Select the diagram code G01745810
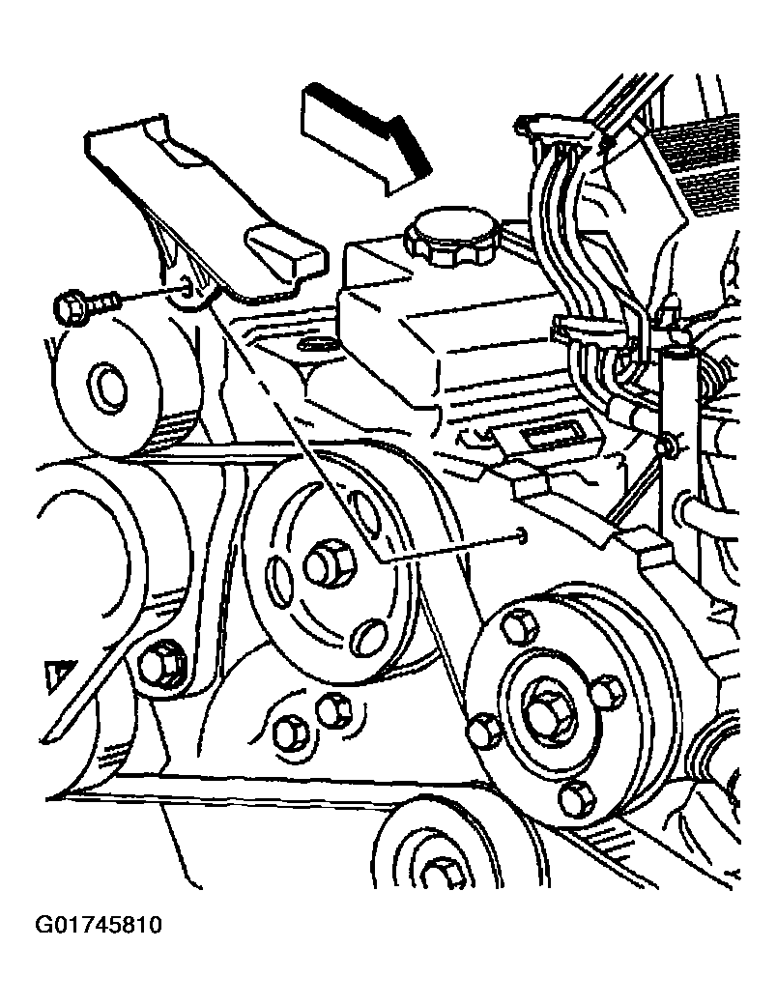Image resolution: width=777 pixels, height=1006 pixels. [x=99, y=926]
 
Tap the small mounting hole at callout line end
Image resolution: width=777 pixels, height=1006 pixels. [x=522, y=535]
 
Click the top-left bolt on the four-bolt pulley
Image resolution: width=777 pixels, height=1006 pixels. [x=518, y=626]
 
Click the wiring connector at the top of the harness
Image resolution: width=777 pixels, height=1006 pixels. [x=560, y=131]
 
